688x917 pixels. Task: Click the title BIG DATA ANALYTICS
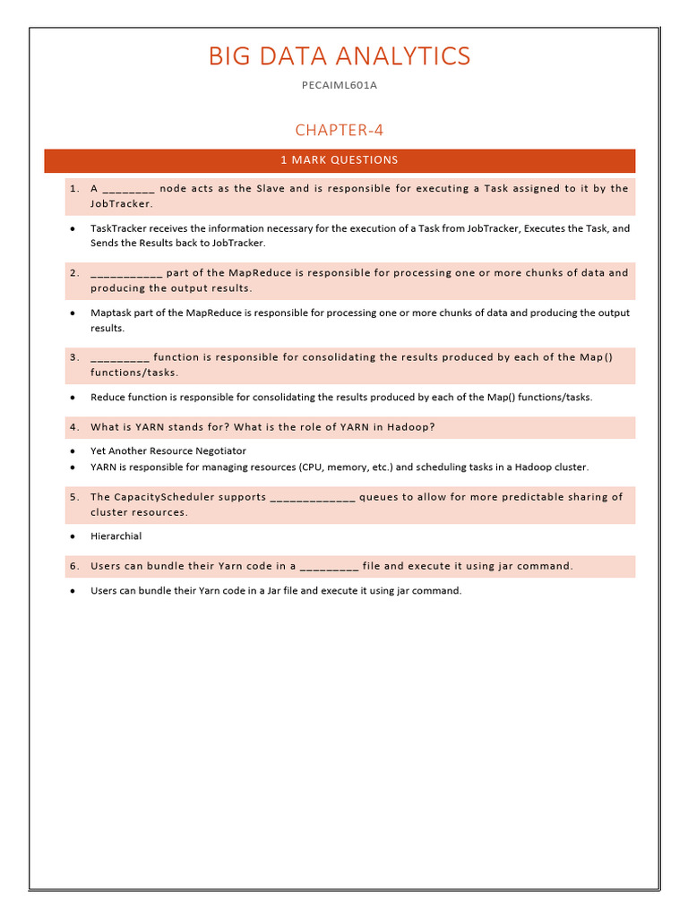(339, 56)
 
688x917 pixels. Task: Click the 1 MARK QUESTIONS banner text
(339, 160)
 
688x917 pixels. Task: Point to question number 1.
(74, 189)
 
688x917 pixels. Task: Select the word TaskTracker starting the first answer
(118, 228)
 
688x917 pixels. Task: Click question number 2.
(74, 273)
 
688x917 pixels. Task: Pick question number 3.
(74, 357)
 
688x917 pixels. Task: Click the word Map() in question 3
(596, 357)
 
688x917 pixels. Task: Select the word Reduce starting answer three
(107, 397)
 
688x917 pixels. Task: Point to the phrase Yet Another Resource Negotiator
(168, 450)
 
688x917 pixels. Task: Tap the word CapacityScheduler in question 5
(190, 497)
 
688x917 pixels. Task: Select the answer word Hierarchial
(116, 536)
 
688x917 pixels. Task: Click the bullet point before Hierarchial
(72, 536)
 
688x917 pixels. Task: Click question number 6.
(74, 566)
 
